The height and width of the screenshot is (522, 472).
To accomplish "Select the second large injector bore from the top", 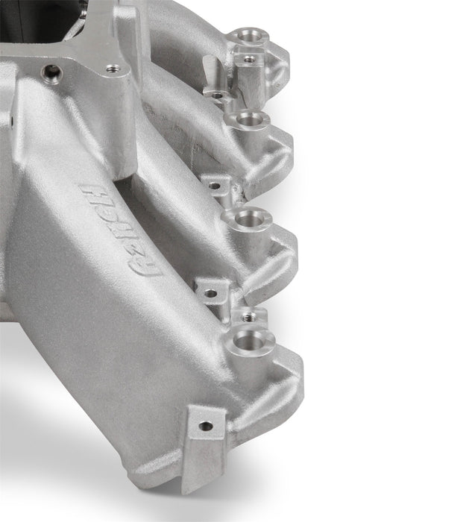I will (x=245, y=119).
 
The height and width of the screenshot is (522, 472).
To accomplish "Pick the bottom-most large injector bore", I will (x=254, y=339).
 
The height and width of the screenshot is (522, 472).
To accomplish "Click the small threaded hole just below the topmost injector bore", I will (x=249, y=57).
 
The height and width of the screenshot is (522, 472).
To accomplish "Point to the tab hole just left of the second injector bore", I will (x=216, y=95).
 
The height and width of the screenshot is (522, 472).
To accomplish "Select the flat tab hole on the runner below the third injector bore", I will (x=211, y=293).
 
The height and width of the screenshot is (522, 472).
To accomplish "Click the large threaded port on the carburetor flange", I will (x=51, y=72).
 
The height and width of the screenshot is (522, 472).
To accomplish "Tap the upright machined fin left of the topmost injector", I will (x=211, y=71).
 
